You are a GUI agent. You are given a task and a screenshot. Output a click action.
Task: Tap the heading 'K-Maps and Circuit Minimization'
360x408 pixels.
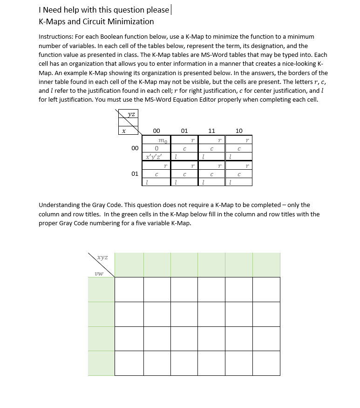click(x=96, y=21)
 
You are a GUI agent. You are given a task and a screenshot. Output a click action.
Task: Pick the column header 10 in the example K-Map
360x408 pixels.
click(x=239, y=131)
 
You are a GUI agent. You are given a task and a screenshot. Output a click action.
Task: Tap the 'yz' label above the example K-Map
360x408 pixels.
click(x=132, y=113)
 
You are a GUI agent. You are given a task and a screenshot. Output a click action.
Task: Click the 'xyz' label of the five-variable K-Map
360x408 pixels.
click(x=102, y=257)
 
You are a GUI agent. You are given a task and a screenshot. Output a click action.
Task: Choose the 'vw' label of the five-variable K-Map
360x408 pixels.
click(x=98, y=273)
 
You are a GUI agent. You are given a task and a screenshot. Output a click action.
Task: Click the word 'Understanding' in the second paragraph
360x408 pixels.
click(x=60, y=205)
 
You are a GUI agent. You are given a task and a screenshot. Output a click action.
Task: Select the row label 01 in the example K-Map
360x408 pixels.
click(x=135, y=173)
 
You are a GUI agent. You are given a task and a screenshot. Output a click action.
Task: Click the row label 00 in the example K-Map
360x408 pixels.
click(x=135, y=148)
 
